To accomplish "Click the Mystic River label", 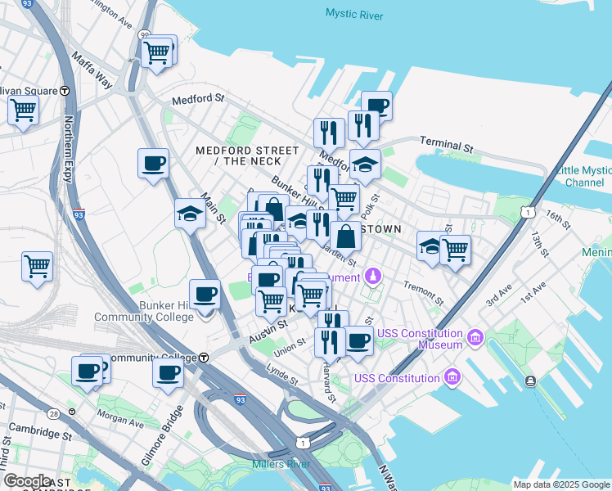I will click(x=355, y=13).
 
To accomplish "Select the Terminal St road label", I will click(x=447, y=146).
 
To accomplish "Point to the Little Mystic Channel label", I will click(x=583, y=176).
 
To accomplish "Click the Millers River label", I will click(x=280, y=464).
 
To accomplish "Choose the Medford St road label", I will click(x=197, y=99).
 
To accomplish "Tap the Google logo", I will click(x=27, y=481).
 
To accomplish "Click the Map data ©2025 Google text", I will click(x=561, y=484).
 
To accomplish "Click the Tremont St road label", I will click(x=423, y=293).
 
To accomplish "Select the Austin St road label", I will click(x=269, y=329).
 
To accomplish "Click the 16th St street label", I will click(x=558, y=218).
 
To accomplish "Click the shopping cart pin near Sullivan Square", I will click(x=23, y=109).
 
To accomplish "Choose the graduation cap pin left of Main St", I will click(x=190, y=215).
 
